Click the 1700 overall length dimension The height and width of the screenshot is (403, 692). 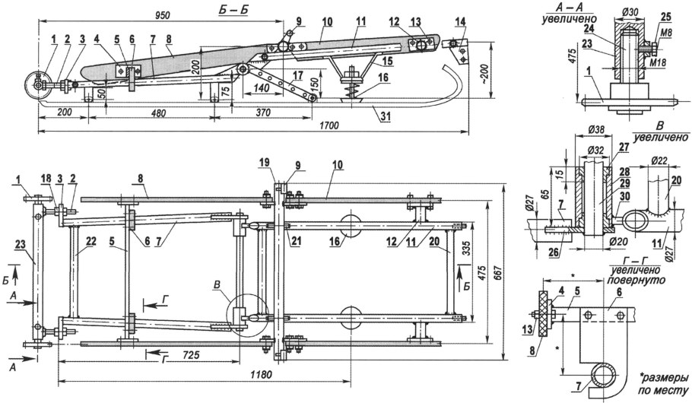click(329, 125)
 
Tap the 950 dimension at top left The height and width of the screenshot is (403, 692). click(163, 14)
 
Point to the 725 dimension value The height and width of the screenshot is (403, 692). click(190, 354)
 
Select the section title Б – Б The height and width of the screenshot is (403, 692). click(233, 9)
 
